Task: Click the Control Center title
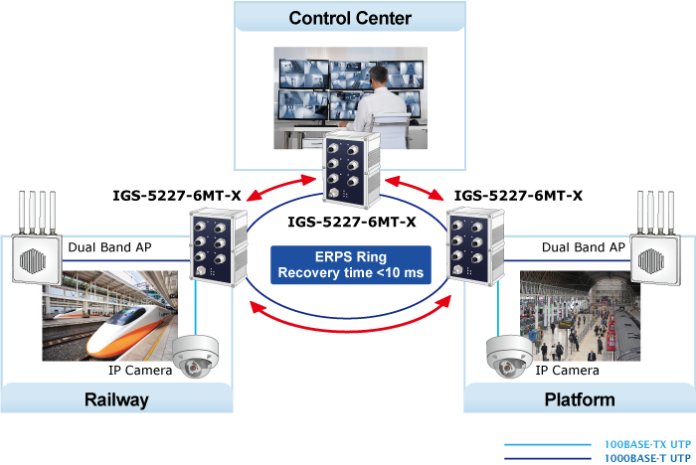tap(349, 18)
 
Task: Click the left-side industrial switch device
tap(215, 244)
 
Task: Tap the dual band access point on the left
tap(34, 254)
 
